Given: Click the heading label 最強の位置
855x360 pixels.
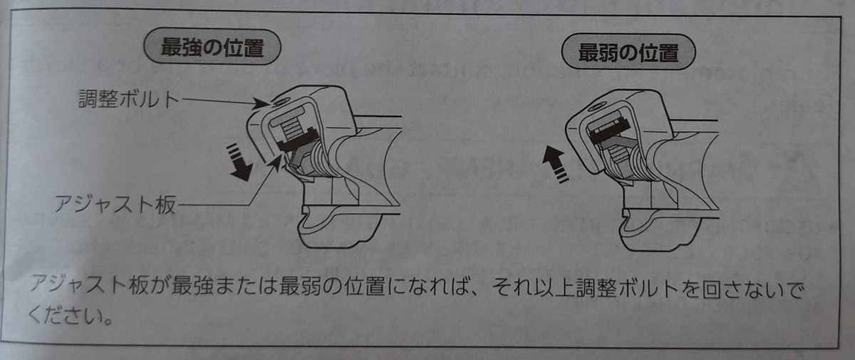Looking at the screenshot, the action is click(212, 48).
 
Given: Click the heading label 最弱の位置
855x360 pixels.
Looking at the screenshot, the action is click(628, 52).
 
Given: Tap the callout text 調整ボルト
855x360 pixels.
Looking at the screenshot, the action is click(129, 98).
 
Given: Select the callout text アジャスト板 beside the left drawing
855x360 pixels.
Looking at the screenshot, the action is click(115, 204).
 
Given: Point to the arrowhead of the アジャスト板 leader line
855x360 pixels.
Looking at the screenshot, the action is click(276, 163).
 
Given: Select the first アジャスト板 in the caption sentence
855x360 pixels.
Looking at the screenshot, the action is click(89, 286).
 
